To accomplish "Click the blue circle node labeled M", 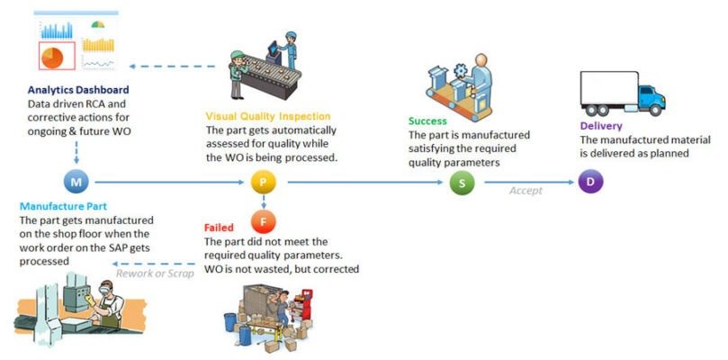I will (76, 182).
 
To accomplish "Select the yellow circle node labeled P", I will (262, 182).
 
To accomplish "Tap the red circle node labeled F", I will (262, 220).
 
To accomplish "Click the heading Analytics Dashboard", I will (77, 91).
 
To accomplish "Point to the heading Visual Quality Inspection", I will (268, 117).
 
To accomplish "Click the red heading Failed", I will (220, 229).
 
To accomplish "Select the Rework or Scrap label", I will (155, 274).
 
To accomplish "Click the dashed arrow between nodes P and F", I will (262, 201).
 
